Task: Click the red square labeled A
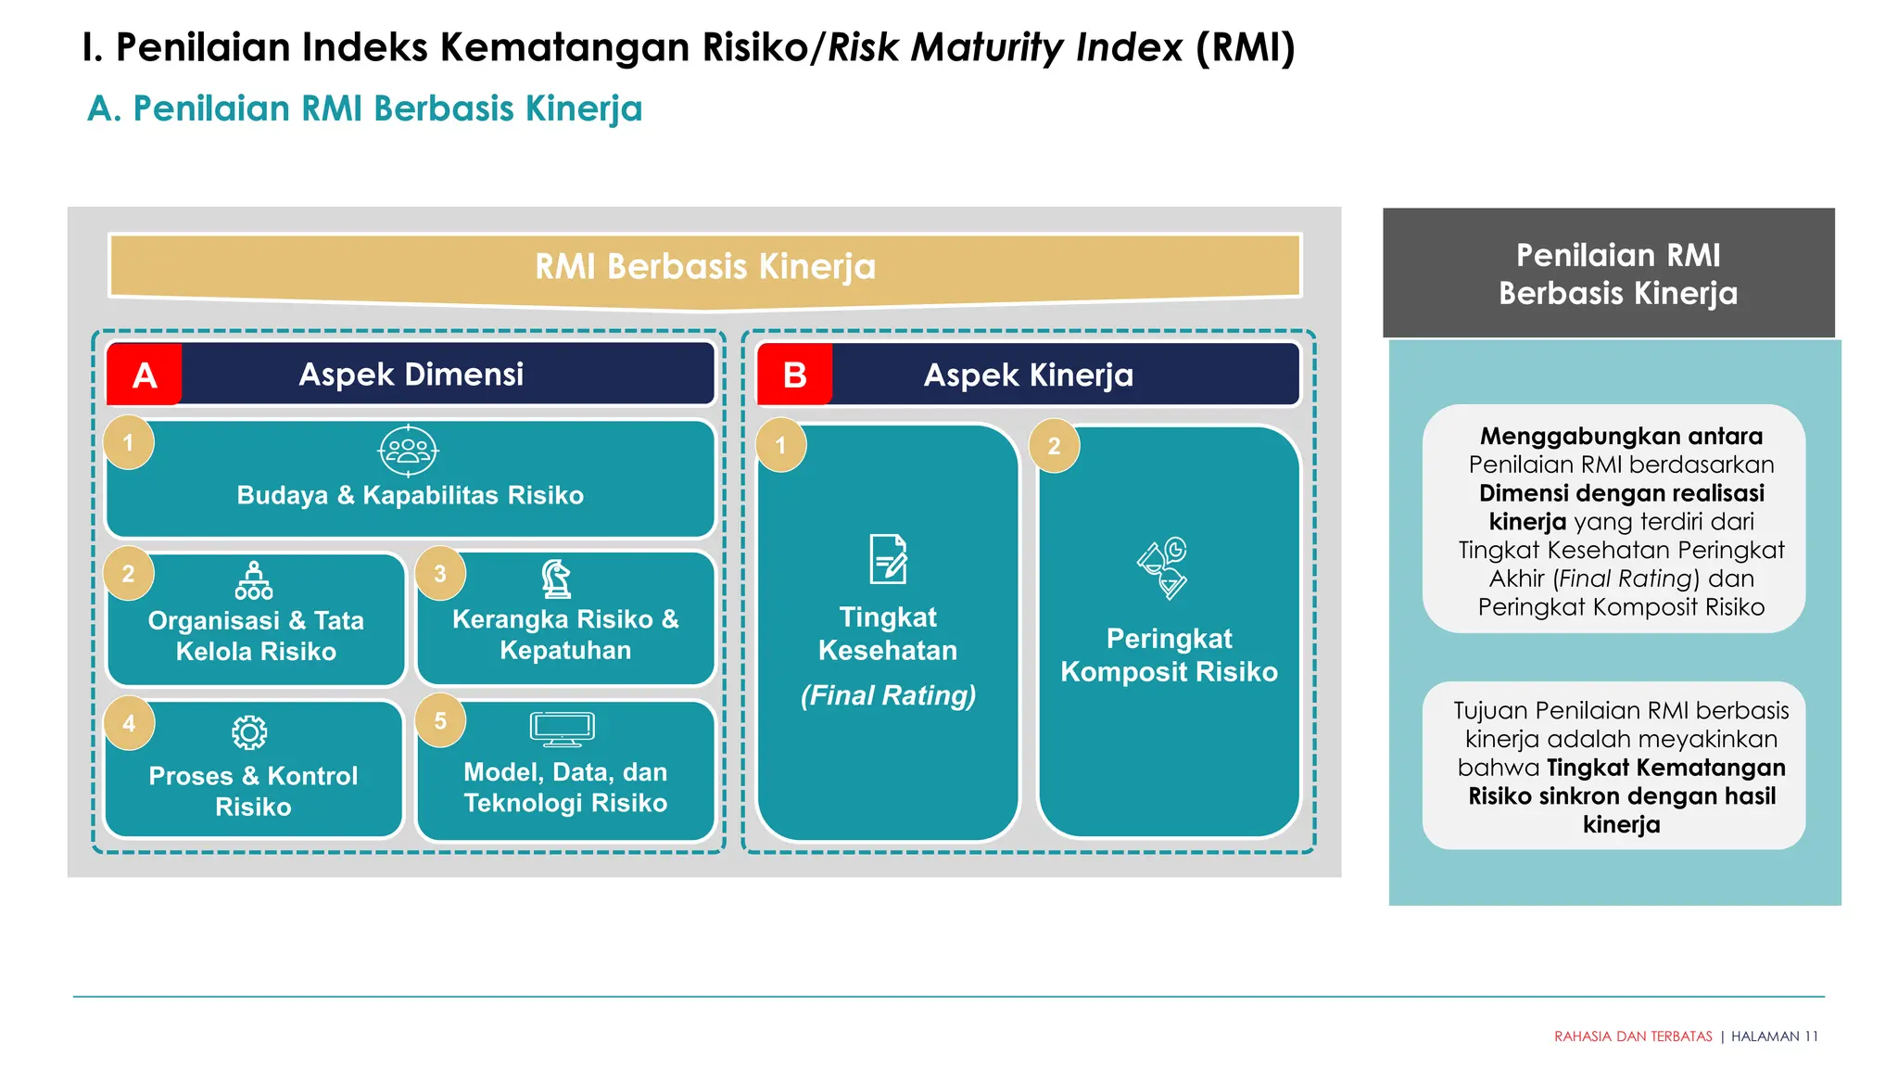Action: pos(145,375)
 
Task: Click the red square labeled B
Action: pos(794,375)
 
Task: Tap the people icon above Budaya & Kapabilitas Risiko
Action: pos(408,451)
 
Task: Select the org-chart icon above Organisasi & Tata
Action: pos(253,580)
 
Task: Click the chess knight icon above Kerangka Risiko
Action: pos(556,578)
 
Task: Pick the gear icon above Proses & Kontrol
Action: pos(249,732)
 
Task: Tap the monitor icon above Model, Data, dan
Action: pos(562,729)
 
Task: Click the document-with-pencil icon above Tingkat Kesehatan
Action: pos(888,559)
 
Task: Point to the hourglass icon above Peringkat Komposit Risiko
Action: pos(1163,567)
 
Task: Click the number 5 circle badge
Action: pos(440,720)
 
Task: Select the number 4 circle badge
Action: pos(129,723)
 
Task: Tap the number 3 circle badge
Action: pos(440,574)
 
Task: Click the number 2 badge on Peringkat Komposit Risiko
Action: pos(1054,446)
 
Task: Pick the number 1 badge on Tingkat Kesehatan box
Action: pos(780,446)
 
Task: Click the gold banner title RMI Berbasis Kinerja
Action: pos(704,267)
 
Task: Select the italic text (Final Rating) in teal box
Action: pos(888,695)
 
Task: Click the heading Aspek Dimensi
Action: pos(411,375)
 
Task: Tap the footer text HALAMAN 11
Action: pos(1774,1036)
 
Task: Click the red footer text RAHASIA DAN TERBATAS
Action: pos(1633,1036)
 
